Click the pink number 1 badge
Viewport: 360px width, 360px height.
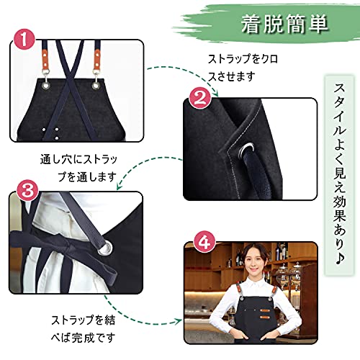(24, 39)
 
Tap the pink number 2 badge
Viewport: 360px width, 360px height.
(200, 98)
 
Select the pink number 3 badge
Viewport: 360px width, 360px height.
(27, 192)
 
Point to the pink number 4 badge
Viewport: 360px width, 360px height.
(204, 243)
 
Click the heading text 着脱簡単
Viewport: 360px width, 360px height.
(284, 24)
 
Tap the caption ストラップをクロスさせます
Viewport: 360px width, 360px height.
(243, 68)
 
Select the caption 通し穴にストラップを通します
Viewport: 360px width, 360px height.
(78, 168)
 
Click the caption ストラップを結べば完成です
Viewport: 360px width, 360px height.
(84, 329)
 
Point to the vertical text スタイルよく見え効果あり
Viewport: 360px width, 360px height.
(339, 174)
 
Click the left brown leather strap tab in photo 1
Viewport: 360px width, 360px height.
(45, 59)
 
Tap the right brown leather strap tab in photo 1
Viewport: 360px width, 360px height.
(97, 59)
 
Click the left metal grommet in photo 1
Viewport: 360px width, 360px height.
(45, 84)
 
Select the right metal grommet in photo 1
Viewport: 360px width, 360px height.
(96, 85)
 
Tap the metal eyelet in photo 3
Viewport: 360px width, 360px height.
(105, 248)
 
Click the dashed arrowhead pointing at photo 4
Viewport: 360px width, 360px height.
(178, 321)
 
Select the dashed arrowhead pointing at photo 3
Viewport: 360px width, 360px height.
(120, 186)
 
